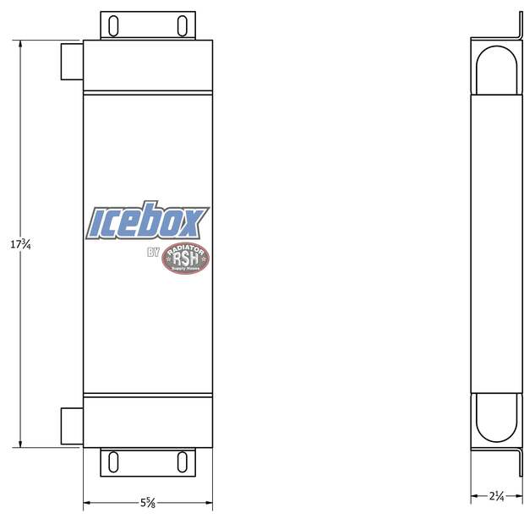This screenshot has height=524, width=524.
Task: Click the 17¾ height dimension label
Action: pos(20,244)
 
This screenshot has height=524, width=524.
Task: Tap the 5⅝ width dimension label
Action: pos(147,503)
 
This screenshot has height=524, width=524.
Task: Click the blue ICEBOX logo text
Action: pos(147,222)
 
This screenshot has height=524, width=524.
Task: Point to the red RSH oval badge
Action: pos(185,259)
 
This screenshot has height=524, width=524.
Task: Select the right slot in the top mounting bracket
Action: pos(182,25)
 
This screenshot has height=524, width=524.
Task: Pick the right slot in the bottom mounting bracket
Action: pos(182,461)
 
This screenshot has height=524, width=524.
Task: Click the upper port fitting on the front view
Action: pos(72,61)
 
